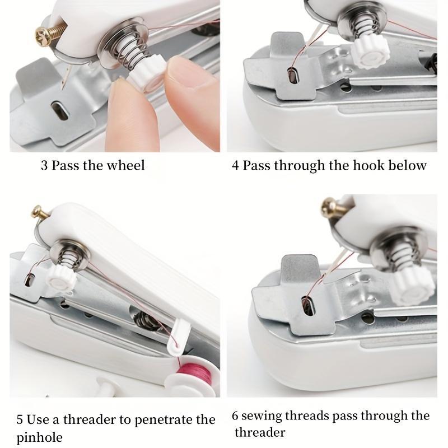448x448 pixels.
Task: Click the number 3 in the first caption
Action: click(x=44, y=165)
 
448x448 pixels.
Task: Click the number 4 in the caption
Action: click(x=236, y=165)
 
